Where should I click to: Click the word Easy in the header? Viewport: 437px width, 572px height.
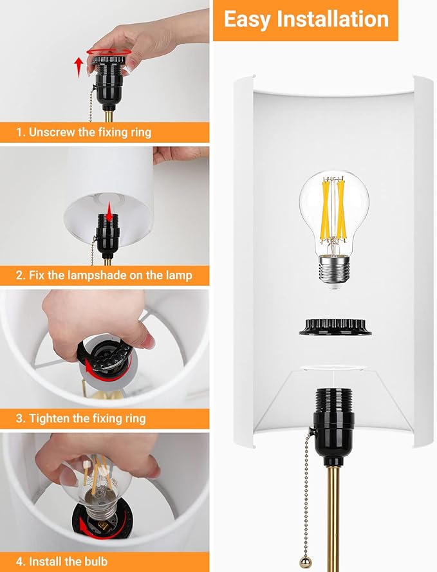(246, 20)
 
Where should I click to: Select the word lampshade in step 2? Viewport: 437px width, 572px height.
(97, 275)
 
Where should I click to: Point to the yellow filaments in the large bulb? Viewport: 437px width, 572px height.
(334, 210)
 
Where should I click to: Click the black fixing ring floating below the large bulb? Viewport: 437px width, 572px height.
(335, 326)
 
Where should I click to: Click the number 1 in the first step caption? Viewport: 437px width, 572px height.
(19, 132)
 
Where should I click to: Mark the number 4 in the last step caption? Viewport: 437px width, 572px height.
(19, 561)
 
